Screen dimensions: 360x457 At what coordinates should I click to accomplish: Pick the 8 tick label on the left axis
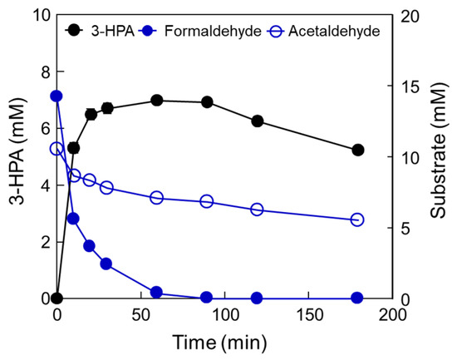(36, 72)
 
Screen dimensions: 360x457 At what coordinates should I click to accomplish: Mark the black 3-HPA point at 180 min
(358, 150)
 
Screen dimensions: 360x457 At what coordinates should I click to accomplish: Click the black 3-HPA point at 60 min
(156, 101)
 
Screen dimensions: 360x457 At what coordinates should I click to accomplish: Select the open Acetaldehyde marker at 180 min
(358, 219)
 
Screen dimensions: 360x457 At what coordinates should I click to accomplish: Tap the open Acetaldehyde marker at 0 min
(57, 149)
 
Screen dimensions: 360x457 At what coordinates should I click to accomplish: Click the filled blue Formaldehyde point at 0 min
(57, 96)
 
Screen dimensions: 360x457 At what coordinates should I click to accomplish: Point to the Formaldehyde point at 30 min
(106, 264)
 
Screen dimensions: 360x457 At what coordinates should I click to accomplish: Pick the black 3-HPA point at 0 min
(57, 298)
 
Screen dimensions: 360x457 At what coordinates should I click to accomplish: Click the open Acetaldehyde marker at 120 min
(257, 210)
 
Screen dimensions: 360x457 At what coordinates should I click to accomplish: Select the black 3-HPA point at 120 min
(257, 121)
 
